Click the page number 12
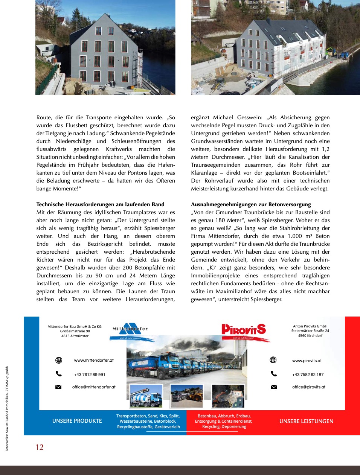pos(40,447)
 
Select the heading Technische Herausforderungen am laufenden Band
pos(100,204)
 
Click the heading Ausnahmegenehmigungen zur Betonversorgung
pos(251,204)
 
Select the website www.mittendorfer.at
pos(94,360)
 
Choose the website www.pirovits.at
pos(307,361)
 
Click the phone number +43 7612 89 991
pos(90,375)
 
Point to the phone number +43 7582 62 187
pos(308,375)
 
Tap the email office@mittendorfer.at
pos(94,387)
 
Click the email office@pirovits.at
pos(308,387)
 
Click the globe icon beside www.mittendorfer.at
pos(59,360)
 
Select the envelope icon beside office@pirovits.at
pos(274,387)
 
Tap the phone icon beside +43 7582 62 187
pos(274,374)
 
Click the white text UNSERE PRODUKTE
pos(77,421)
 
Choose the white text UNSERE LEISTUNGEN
pos(306,421)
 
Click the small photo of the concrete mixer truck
pos(146,396)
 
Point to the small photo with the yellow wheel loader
pos(187,396)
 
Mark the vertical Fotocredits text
pos(7,409)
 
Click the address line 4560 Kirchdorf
pos(310,335)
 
